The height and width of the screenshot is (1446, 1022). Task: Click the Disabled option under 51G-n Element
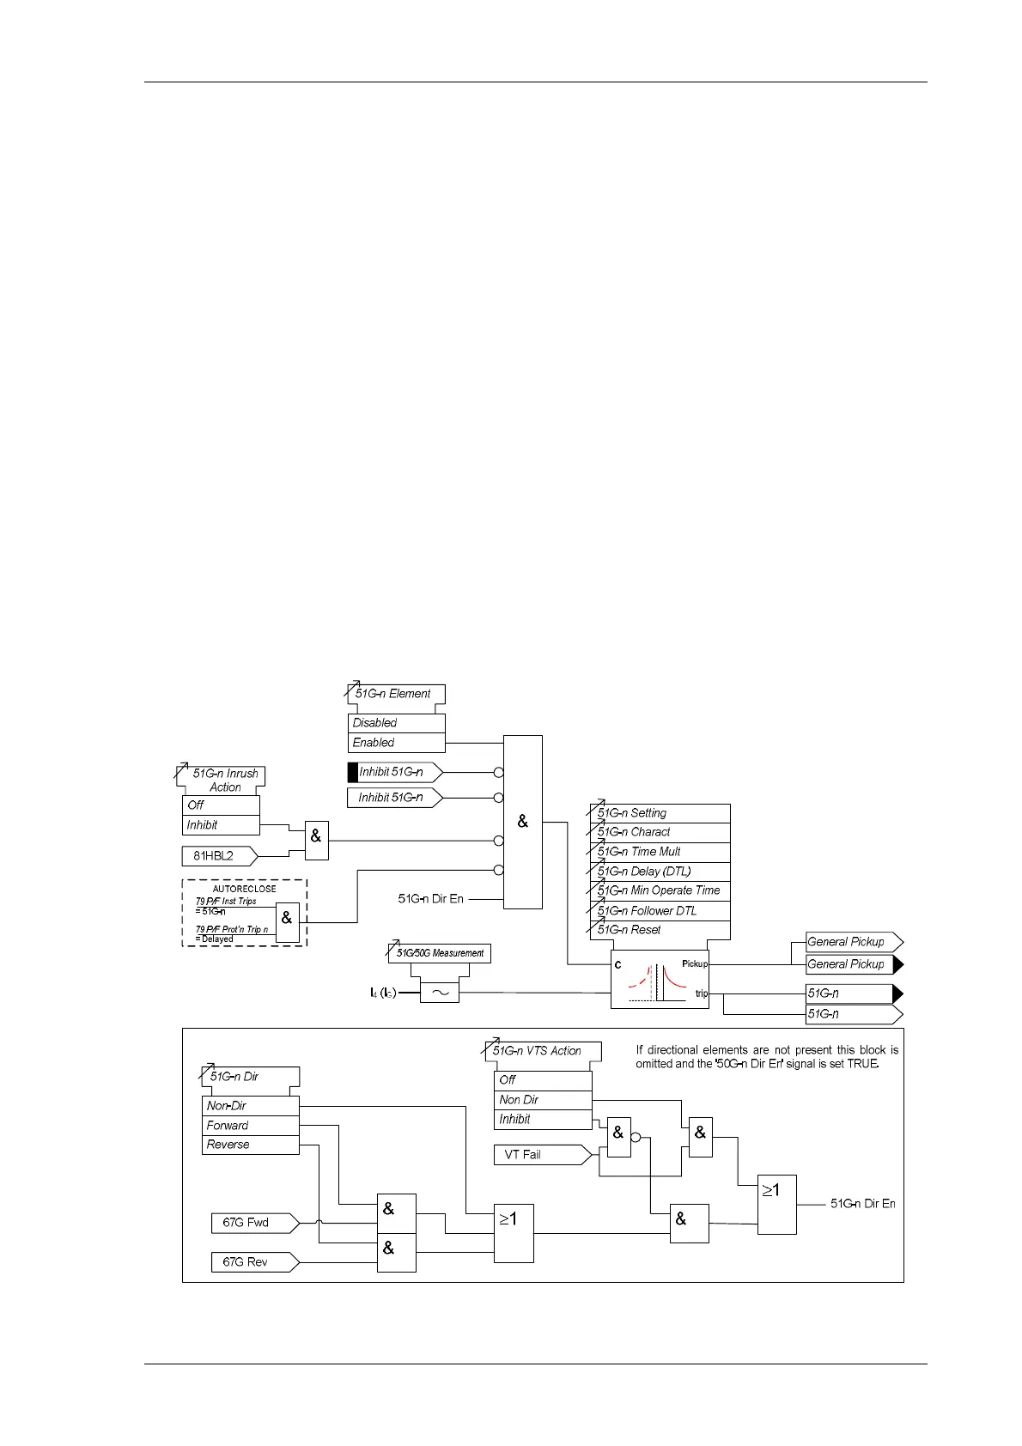(396, 723)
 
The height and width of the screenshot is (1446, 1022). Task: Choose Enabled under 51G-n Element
(396, 743)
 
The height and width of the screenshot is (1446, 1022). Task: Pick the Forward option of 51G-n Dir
(250, 1126)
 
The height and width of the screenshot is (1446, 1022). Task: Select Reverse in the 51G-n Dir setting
(250, 1145)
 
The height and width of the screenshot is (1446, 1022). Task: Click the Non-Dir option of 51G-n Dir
(250, 1106)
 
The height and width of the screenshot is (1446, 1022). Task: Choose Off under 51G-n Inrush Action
(221, 805)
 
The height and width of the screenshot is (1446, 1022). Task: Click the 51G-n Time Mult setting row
(660, 852)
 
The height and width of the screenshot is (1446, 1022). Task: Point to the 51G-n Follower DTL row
(660, 911)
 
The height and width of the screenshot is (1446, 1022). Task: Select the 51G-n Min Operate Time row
(660, 891)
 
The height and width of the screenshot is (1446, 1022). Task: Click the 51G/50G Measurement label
(440, 953)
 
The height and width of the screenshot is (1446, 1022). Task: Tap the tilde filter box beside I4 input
(440, 993)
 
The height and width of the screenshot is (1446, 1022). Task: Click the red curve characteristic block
(659, 980)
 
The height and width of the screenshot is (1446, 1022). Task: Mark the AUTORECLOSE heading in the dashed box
(245, 890)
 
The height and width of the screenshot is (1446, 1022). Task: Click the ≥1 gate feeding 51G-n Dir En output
(776, 1204)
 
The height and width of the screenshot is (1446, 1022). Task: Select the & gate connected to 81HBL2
(316, 841)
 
